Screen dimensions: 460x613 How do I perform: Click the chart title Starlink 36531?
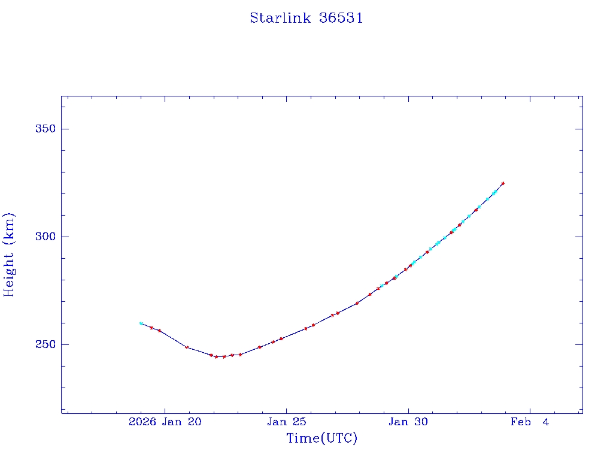[x=306, y=19]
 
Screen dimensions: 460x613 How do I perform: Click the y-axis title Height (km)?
[x=10, y=255]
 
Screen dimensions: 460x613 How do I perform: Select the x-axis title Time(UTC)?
[x=322, y=438]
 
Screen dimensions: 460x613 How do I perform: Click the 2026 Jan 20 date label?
[x=165, y=422]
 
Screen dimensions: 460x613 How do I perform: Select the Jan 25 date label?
[x=287, y=422]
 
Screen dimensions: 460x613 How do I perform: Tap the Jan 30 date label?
[x=408, y=422]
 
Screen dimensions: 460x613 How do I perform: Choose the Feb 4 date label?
[x=530, y=422]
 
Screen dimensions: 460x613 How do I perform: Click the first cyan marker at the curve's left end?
[x=141, y=323]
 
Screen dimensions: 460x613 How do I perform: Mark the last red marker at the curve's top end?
[x=503, y=183]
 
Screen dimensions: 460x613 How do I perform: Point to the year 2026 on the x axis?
[x=142, y=422]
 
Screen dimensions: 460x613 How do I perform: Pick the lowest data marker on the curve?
[x=217, y=357]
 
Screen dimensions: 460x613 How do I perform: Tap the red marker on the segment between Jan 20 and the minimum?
[x=187, y=347]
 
